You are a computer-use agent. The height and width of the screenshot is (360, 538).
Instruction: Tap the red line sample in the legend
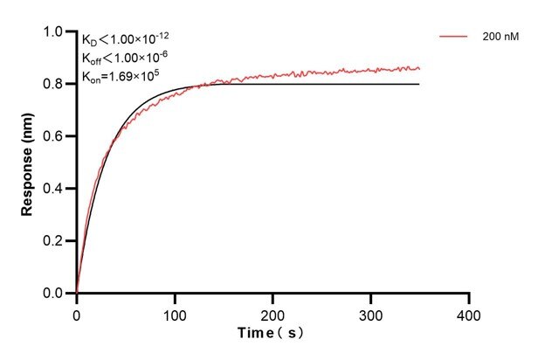454,38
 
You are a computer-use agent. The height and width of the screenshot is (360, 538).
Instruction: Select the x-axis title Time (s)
272,334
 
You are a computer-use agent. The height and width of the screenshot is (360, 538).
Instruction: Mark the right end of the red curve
419,68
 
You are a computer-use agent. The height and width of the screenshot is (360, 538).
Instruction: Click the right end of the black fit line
419,84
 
